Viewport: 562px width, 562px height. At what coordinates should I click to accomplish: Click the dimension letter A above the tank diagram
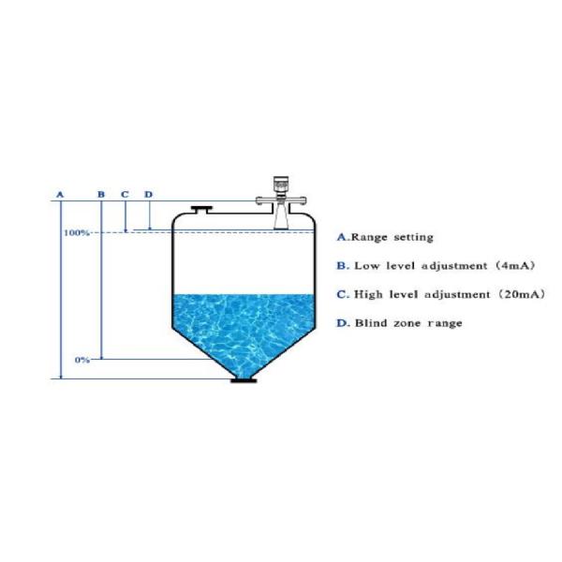60,194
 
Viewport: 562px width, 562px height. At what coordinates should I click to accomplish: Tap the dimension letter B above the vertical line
101,194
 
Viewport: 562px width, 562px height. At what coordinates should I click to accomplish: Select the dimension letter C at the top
125,194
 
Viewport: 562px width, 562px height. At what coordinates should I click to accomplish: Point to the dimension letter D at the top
148,194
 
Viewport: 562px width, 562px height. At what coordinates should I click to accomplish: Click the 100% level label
77,231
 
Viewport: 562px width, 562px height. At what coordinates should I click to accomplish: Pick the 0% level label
81,360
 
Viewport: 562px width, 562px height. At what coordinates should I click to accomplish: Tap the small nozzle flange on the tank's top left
200,209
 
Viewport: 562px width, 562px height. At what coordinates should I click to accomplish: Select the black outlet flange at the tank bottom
244,378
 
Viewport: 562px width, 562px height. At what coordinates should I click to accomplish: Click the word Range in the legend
369,238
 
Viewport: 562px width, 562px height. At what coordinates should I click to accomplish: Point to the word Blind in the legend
371,323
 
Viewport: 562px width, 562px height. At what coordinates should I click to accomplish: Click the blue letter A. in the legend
343,238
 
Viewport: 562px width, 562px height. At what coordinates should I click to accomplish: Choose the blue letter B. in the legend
343,266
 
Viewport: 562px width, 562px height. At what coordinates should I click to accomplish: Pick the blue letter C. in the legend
343,294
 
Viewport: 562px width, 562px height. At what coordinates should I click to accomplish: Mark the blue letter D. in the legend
343,323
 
